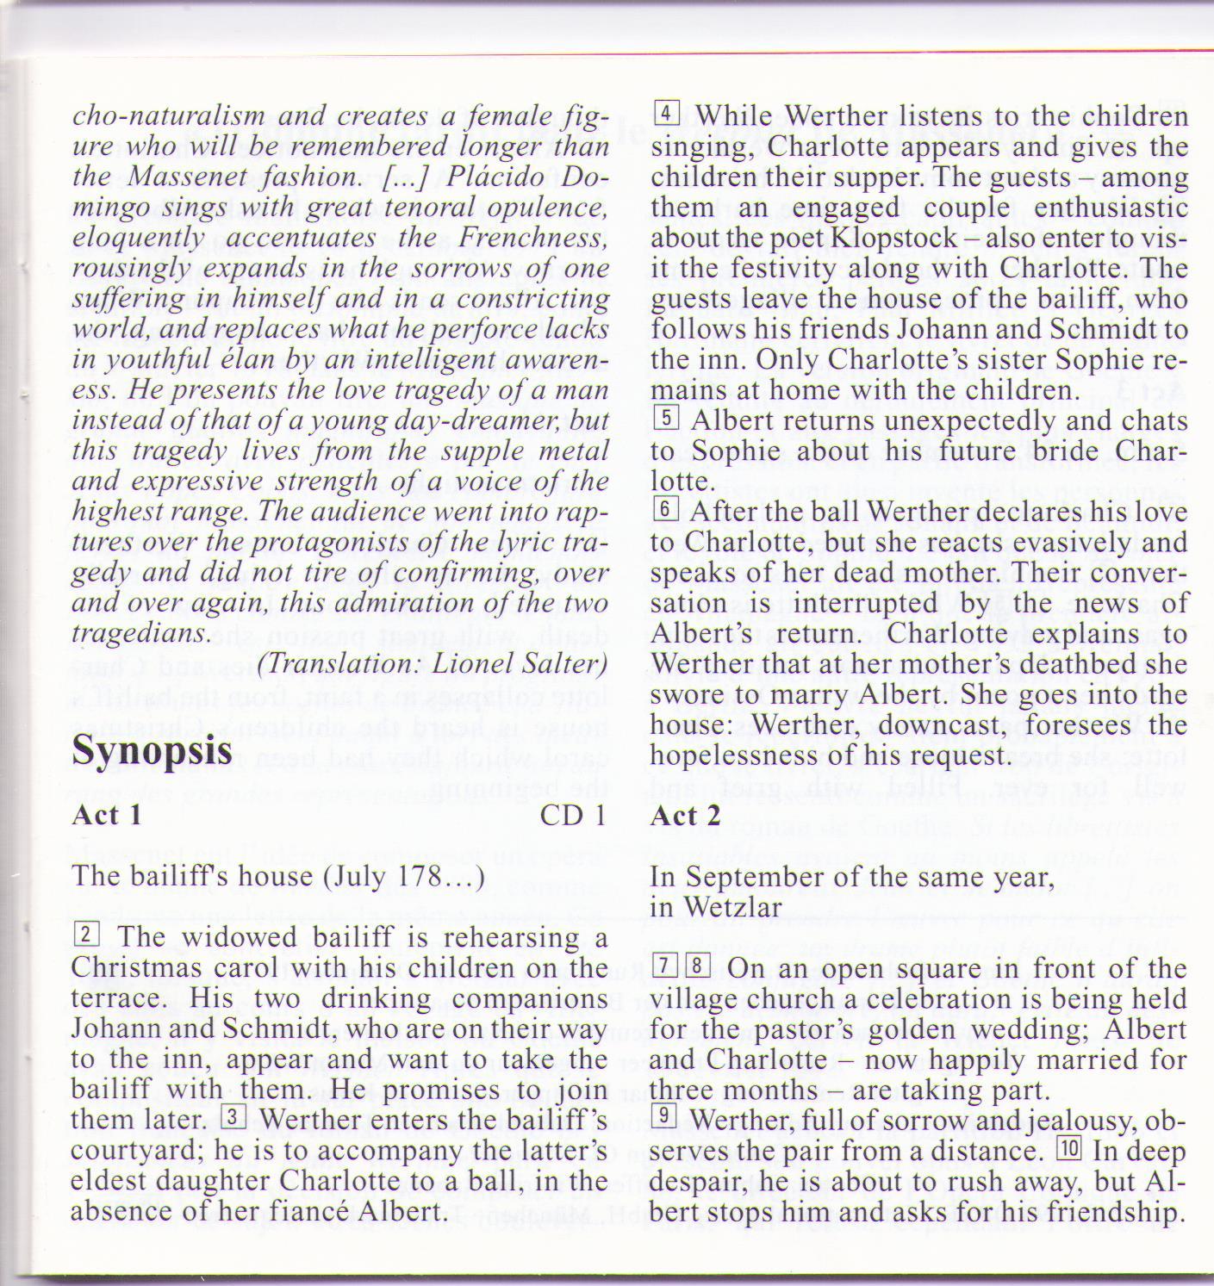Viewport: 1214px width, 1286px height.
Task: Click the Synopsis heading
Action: (153, 749)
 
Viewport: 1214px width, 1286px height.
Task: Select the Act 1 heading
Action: (107, 815)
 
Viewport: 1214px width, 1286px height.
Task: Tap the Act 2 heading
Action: (686, 815)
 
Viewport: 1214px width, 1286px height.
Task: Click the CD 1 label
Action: (573, 815)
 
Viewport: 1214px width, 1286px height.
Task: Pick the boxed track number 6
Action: (666, 509)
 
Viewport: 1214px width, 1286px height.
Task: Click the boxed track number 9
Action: (666, 1117)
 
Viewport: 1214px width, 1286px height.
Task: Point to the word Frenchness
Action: (532, 238)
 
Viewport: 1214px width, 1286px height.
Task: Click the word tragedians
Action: (140, 634)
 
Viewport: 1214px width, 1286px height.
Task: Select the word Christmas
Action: (126, 968)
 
